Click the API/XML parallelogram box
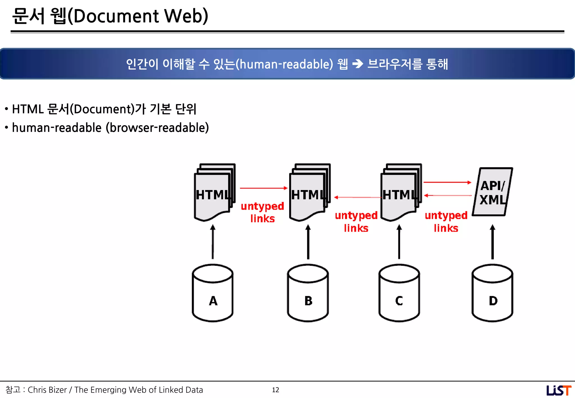point(492,192)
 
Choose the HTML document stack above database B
point(309,193)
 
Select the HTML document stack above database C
point(400,193)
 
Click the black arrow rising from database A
point(213,242)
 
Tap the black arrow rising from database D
point(492,242)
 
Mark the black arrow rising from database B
point(308,242)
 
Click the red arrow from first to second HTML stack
point(263,188)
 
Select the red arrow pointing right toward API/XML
point(447,182)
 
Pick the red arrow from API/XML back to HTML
point(448,195)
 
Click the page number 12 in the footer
point(275,390)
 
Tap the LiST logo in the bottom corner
point(558,390)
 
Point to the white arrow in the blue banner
point(357,64)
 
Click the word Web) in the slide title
point(186,16)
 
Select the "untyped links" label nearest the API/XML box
point(446,222)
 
